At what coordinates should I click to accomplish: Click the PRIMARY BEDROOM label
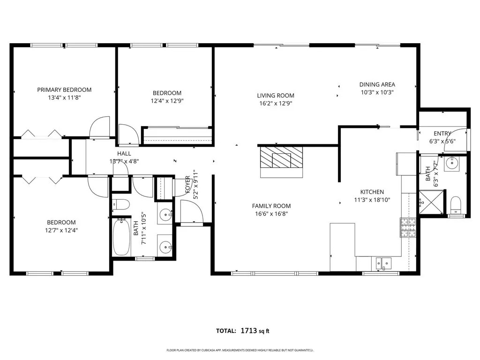click(x=64, y=90)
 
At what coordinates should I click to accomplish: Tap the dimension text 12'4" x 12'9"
click(x=166, y=101)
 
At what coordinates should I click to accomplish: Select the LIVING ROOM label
click(x=276, y=96)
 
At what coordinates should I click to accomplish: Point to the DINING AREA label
click(x=377, y=84)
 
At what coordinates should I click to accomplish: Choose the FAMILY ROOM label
click(x=271, y=206)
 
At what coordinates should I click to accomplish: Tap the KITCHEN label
click(x=372, y=192)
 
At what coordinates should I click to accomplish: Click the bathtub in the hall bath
click(x=121, y=237)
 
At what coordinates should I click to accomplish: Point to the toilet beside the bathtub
click(x=121, y=205)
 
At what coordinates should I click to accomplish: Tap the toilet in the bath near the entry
click(x=456, y=205)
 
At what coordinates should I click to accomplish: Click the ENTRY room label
click(x=442, y=134)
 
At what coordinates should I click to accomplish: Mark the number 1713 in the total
click(x=248, y=331)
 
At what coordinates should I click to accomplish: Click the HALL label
click(x=124, y=153)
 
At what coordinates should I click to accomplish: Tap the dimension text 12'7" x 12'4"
click(x=61, y=230)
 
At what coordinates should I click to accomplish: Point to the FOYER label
click(x=187, y=185)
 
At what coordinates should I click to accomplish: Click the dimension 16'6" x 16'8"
click(x=271, y=213)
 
